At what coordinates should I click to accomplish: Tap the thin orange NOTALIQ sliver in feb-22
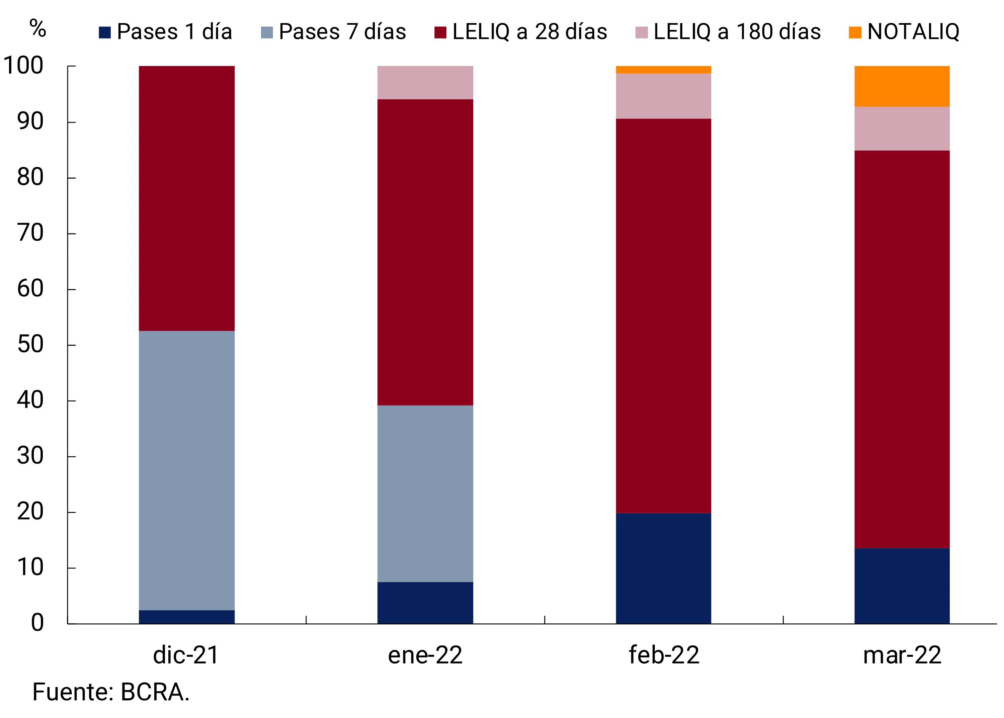tap(663, 69)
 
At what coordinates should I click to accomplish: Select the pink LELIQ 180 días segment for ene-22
tap(425, 83)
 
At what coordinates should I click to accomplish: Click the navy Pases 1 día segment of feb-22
tap(663, 568)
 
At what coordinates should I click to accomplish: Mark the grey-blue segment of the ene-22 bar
tap(425, 493)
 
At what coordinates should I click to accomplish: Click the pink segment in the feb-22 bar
tap(663, 96)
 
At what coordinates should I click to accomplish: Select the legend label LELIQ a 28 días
tap(529, 32)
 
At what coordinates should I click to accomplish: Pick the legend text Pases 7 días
tap(342, 32)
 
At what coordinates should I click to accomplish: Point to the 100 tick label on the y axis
tap(23, 66)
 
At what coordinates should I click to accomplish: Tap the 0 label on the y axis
tap(37, 623)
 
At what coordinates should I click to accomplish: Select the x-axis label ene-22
tap(425, 655)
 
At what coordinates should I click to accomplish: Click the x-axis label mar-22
tap(902, 655)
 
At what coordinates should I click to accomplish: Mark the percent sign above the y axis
tap(37, 29)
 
